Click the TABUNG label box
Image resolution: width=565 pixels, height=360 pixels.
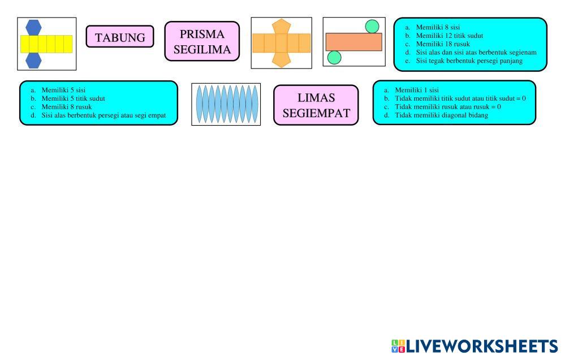point(120,36)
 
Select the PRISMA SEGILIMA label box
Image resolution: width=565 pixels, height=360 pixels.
point(202,41)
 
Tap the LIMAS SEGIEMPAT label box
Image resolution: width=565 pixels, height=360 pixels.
point(316,105)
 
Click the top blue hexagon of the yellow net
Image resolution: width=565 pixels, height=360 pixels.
point(33,27)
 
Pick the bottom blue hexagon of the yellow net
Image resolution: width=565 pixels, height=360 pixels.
point(33,61)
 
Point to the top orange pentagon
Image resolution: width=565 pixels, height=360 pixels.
point(282,27)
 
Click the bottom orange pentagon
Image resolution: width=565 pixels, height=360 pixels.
point(282,60)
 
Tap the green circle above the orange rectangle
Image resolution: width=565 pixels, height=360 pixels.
point(372,27)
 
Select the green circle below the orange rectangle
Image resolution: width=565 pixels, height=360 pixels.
point(334,57)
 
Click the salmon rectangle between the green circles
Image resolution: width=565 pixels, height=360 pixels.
point(354,42)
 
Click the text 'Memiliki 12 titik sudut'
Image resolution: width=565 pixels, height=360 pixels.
point(449,36)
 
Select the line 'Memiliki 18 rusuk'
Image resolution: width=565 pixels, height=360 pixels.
point(443,44)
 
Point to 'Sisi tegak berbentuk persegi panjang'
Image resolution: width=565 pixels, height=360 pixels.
point(469,61)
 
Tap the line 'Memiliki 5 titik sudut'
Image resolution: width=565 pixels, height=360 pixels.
point(73,98)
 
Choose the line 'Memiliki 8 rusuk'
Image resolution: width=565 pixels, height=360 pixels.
point(67,107)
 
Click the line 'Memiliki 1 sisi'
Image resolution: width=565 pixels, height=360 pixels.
point(417,90)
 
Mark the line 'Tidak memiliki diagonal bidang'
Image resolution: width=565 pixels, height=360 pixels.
point(441,115)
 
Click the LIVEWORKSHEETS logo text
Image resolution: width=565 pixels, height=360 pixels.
point(482,346)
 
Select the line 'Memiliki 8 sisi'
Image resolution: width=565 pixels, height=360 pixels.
point(438,27)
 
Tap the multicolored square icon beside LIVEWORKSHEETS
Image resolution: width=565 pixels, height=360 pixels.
point(398,346)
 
